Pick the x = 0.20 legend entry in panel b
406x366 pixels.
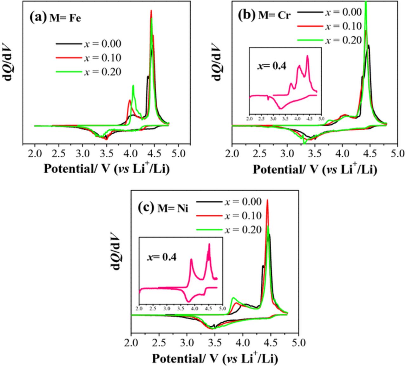(x=343, y=40)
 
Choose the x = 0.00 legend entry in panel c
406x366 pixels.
(x=243, y=202)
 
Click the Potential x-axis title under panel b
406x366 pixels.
(x=315, y=170)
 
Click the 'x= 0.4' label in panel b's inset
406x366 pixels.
(x=271, y=66)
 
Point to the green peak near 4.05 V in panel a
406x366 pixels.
(x=133, y=86)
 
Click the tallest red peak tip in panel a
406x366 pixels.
(x=151, y=11)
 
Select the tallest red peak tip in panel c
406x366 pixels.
(x=267, y=200)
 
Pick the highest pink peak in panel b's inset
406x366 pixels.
(x=307, y=56)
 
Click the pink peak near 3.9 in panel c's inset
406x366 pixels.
(x=191, y=260)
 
